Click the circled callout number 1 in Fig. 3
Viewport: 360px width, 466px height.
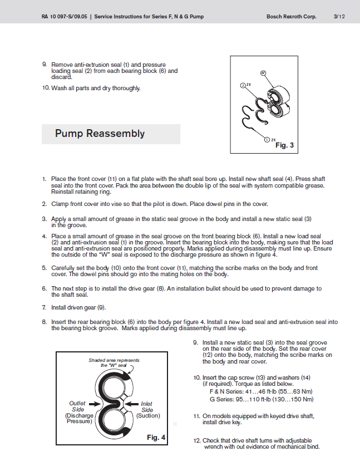pos(267,140)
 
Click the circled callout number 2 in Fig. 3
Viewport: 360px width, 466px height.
pos(243,86)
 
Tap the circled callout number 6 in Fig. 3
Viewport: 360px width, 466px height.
pos(263,73)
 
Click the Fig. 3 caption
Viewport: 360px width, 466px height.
pos(284,145)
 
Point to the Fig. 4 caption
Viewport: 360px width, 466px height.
pos(156,438)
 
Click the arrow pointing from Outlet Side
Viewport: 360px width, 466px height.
pos(95,404)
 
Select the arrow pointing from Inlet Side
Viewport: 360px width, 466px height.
pos(131,404)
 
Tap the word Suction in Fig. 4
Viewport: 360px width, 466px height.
pos(148,415)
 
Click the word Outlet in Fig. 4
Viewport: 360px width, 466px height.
pos(77,403)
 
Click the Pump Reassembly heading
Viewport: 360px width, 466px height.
pos(100,134)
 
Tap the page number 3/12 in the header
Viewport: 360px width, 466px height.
pos(339,17)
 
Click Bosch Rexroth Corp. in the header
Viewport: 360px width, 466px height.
pos(292,17)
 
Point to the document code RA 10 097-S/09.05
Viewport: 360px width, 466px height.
pos(65,17)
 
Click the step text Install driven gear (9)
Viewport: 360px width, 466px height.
pos(78,307)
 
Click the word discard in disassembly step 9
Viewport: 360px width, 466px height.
pos(62,77)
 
